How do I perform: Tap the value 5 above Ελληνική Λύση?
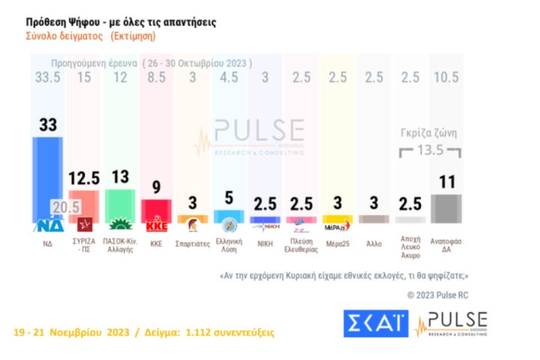(229, 199)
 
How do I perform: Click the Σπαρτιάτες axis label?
(192, 243)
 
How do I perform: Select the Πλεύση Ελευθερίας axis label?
(301, 247)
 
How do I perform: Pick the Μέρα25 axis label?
(337, 243)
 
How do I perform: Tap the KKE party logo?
(157, 224)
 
